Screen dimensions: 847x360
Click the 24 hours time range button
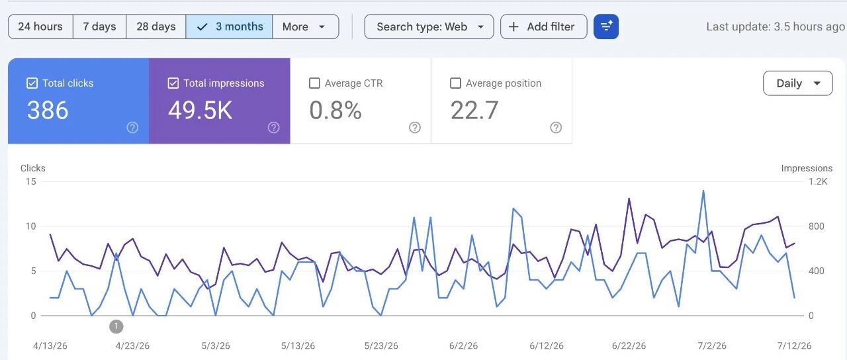pyautogui.click(x=40, y=26)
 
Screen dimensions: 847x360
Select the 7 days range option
pyautogui.click(x=99, y=26)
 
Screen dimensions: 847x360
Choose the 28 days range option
pyautogui.click(x=156, y=26)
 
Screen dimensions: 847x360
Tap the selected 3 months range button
pyautogui.click(x=229, y=26)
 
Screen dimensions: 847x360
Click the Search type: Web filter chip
pyautogui.click(x=429, y=26)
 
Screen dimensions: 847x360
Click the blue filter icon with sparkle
pyautogui.click(x=606, y=26)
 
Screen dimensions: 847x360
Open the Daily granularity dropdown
pyautogui.click(x=798, y=83)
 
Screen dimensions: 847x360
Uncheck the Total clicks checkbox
pyautogui.click(x=32, y=83)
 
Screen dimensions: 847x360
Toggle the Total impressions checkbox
pyautogui.click(x=173, y=83)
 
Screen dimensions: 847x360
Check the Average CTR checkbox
pyautogui.click(x=314, y=83)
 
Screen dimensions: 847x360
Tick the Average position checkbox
pyautogui.click(x=456, y=83)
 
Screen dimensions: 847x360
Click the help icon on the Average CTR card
pyautogui.click(x=415, y=128)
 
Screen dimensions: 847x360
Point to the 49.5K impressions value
pyautogui.click(x=200, y=111)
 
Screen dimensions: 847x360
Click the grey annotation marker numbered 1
pyautogui.click(x=116, y=326)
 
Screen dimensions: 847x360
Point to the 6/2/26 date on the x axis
pyautogui.click(x=464, y=345)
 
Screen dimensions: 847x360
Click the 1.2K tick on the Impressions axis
pyautogui.click(x=818, y=181)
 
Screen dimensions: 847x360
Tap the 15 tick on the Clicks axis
pyautogui.click(x=31, y=181)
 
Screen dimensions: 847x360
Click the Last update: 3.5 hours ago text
pyautogui.click(x=775, y=26)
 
